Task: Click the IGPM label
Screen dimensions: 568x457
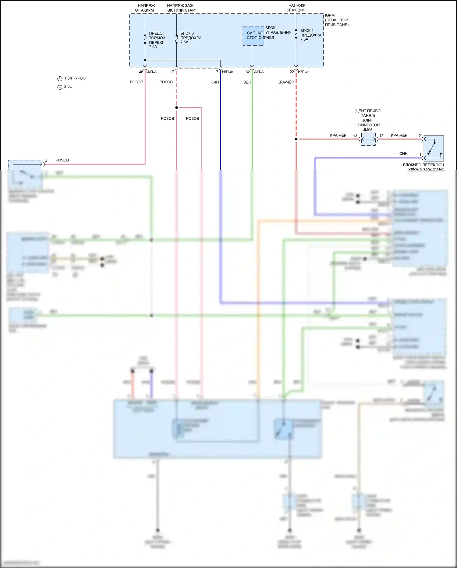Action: tap(330, 15)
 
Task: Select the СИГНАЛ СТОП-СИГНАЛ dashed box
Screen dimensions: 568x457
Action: tap(253, 36)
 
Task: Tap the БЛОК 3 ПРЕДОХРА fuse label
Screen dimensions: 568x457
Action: tap(191, 38)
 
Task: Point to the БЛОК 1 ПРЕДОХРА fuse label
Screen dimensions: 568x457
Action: tap(311, 35)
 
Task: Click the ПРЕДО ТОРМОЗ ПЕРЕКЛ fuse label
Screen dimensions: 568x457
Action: tap(157, 40)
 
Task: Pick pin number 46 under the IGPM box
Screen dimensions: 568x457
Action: tap(141, 72)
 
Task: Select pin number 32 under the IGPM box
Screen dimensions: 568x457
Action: tap(248, 72)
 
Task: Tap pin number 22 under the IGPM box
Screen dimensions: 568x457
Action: tap(292, 72)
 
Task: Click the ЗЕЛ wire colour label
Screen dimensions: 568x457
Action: tap(247, 82)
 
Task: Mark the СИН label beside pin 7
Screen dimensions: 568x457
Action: tap(214, 82)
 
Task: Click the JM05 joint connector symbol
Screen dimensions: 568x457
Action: tap(368, 139)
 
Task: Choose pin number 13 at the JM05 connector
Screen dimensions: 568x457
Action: tap(355, 136)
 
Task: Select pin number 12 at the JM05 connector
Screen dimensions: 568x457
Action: tap(381, 136)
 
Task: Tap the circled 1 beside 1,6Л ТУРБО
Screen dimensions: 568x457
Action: tap(60, 79)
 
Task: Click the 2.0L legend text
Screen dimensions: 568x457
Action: tap(68, 87)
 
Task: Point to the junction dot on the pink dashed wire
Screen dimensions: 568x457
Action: tap(177, 107)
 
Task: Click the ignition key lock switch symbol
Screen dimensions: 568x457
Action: tap(434, 148)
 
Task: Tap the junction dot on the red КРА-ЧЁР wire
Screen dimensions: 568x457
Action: tap(296, 139)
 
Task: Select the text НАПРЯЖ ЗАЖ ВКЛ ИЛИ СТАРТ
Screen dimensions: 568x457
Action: tap(182, 8)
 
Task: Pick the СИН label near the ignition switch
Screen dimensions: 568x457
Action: tap(403, 154)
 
